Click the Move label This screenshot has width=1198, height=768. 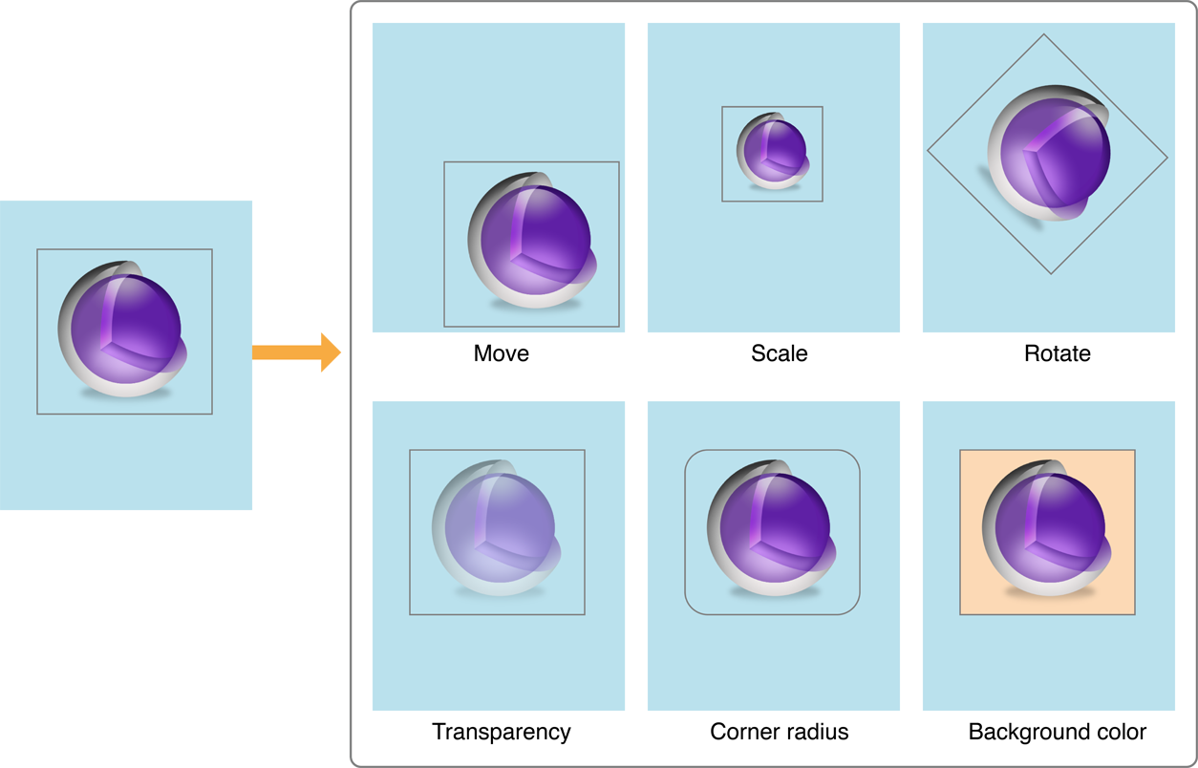pyautogui.click(x=501, y=353)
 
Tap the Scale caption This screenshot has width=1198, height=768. pyautogui.click(x=779, y=353)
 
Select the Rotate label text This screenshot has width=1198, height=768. pyautogui.click(x=1057, y=353)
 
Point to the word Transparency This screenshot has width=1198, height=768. pyautogui.click(x=501, y=732)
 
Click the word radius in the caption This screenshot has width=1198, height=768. pyautogui.click(x=814, y=732)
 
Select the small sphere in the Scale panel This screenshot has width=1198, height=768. pyautogui.click(x=772, y=151)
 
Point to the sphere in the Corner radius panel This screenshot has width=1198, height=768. pyautogui.click(x=771, y=528)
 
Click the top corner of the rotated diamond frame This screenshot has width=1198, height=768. pyautogui.click(x=1043, y=36)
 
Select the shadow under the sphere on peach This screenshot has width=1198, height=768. pyautogui.click(x=1047, y=592)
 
